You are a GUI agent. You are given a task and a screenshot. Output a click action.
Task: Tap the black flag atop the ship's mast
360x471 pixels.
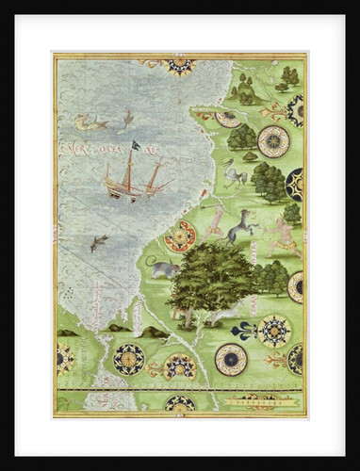135,144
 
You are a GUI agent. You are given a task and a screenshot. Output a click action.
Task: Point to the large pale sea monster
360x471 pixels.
92,122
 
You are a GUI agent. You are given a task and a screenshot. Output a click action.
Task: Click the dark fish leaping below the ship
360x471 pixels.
98,244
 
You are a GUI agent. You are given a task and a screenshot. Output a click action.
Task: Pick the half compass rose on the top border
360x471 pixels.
178,65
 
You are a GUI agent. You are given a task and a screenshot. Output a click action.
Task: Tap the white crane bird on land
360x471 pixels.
234,173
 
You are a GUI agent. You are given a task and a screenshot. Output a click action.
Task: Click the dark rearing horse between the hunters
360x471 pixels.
241,224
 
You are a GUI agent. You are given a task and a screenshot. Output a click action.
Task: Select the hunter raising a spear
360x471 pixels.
216,220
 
